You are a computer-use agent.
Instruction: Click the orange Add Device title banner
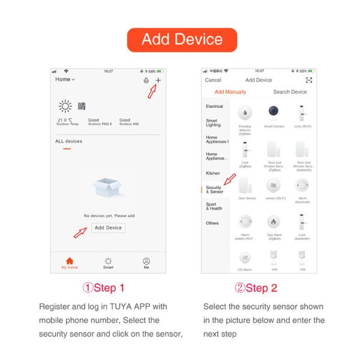182,40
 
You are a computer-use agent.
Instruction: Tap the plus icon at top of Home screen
158,80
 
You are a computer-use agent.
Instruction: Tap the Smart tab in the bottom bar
108,263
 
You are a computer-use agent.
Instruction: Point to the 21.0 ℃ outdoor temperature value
63,119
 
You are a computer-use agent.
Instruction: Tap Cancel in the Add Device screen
213,80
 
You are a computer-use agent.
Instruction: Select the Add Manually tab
230,92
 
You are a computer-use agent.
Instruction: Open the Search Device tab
290,92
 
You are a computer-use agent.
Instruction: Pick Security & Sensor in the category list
214,190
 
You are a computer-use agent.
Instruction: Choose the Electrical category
214,106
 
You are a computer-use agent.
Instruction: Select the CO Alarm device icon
245,258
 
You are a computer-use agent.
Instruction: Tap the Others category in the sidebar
212,223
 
